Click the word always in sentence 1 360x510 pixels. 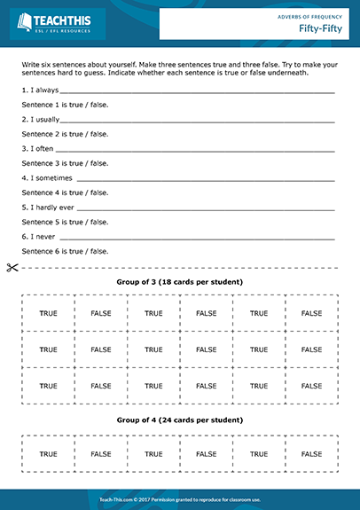click(x=47, y=90)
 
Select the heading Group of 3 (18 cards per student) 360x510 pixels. click(x=180, y=282)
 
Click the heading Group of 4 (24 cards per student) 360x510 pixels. click(x=180, y=420)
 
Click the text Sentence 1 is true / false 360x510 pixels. click(x=65, y=105)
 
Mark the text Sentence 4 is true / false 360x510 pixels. click(x=65, y=192)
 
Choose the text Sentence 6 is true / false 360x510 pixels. click(x=65, y=251)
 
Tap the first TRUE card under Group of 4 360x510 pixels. click(x=49, y=452)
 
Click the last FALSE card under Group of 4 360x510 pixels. click(x=311, y=452)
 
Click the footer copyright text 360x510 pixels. click(x=180, y=499)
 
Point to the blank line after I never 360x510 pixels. click(x=195, y=238)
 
